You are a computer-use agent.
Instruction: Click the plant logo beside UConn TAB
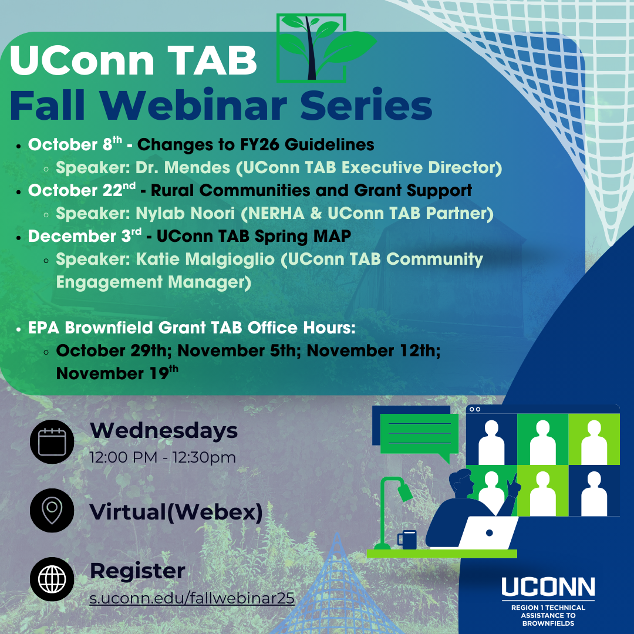[x=319, y=48]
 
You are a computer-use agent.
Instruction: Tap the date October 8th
[x=75, y=144]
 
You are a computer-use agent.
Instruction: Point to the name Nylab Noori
[x=185, y=213]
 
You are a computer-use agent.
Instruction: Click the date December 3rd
[x=85, y=236]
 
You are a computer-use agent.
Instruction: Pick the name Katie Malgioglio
[x=205, y=259]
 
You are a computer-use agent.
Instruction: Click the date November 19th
[x=117, y=373]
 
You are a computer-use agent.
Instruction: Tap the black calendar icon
[x=52, y=441]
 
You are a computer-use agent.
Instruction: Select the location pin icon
[x=52, y=510]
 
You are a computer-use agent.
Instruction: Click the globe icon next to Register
[x=52, y=579]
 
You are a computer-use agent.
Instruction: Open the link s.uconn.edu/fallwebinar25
[x=192, y=598]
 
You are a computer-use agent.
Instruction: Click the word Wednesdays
[x=164, y=430]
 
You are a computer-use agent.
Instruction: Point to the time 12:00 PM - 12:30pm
[x=163, y=457]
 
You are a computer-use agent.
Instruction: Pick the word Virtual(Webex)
[x=176, y=512]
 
